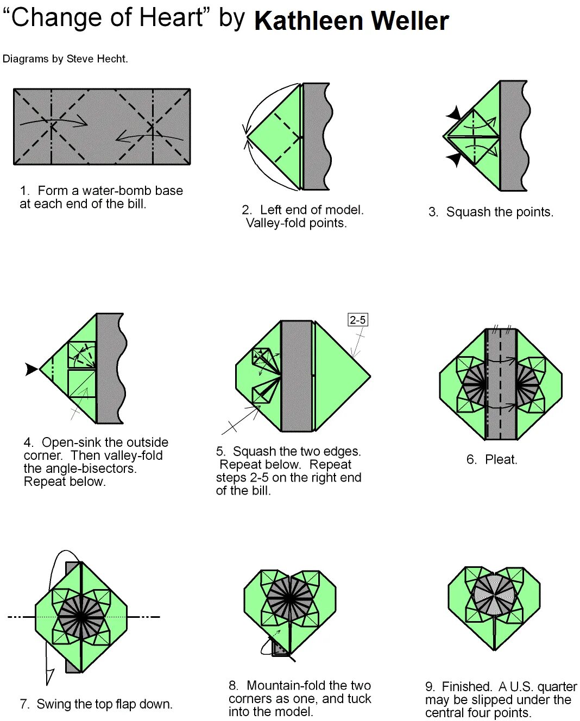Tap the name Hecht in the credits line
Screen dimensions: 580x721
pos(111,59)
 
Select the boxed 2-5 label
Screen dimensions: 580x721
pos(358,320)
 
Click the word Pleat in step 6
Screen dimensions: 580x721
pos(501,460)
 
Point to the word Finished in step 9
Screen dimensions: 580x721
pos(466,687)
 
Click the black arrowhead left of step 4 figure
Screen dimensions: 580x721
pos(31,369)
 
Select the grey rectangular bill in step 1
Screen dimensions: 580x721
pos(102,127)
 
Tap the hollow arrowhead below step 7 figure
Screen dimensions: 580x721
pos(49,676)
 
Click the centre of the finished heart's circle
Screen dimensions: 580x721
pos(494,595)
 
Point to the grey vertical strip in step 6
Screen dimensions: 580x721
pos(501,384)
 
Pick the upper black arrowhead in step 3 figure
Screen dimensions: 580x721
pos(454,115)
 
